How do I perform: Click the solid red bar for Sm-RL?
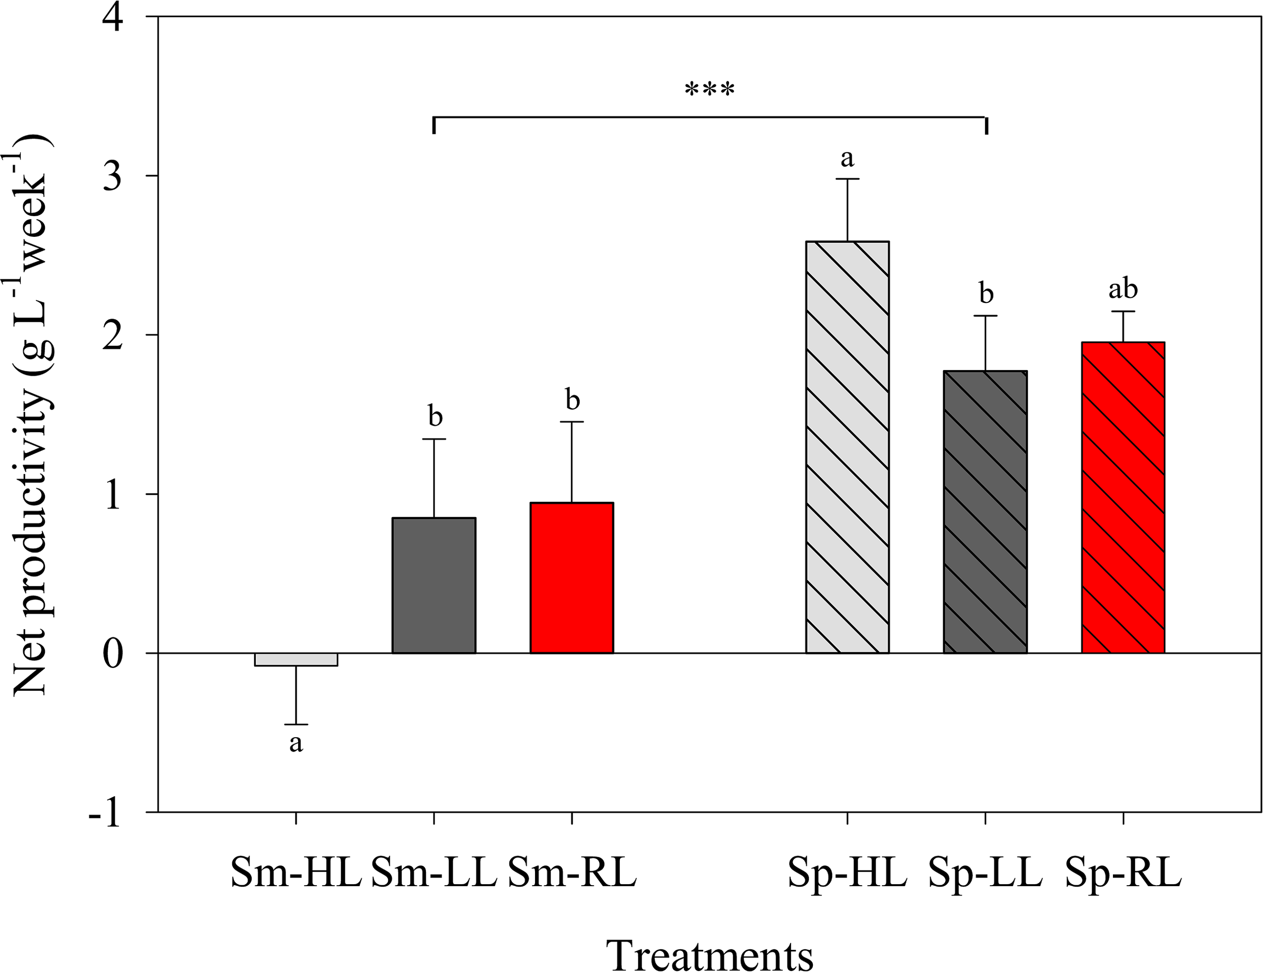[x=571, y=578]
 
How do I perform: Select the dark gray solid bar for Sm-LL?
[x=434, y=585]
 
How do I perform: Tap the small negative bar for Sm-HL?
[x=296, y=659]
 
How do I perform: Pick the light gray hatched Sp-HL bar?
[x=847, y=448]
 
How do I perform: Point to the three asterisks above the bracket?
[x=710, y=91]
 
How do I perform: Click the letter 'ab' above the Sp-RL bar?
[x=1123, y=289]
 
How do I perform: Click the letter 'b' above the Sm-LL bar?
[x=435, y=416]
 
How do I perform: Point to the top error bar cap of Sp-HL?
[x=847, y=179]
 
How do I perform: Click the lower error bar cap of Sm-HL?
[x=296, y=724]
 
